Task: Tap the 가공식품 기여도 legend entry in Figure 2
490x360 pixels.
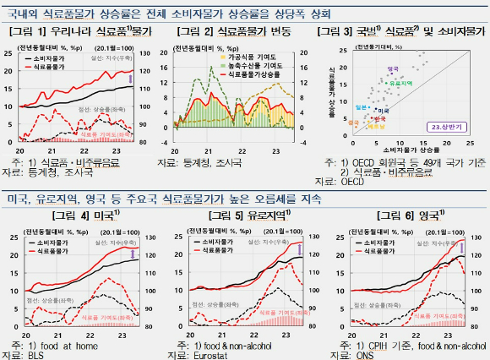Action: click(256, 54)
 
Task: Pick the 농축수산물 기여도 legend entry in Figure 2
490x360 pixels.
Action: click(256, 64)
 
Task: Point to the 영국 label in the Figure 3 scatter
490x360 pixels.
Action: click(391, 68)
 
